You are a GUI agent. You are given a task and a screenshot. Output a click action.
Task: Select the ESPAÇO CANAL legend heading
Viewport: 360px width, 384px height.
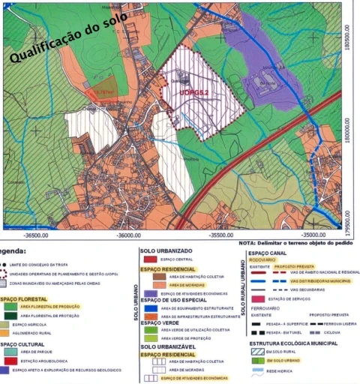point(268,253)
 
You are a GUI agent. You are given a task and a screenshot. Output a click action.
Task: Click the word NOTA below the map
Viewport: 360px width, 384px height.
point(248,243)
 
